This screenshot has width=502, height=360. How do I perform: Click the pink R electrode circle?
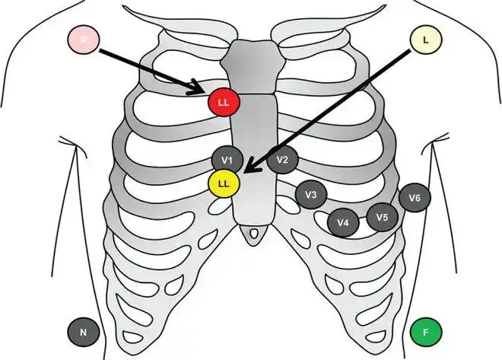pos(83,40)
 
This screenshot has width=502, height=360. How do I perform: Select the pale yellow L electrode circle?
pos(423,40)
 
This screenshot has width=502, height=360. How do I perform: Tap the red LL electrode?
pos(223,102)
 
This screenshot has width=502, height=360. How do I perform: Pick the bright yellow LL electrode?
pos(224,184)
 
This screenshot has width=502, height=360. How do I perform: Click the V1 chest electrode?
pos(227,160)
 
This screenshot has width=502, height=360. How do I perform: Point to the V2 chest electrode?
pos(282,160)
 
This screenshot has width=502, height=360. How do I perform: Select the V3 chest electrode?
pos(310,196)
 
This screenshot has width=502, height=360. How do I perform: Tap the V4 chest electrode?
pos(343,222)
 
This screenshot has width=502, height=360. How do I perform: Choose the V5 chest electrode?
pos(382,217)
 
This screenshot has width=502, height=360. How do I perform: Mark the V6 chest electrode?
pos(415,198)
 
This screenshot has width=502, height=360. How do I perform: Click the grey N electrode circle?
pos(83,332)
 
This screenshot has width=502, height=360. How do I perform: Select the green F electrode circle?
pos(425,332)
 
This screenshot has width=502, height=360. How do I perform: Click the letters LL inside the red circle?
pos(223,102)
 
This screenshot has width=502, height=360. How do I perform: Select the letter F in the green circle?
pos(425,332)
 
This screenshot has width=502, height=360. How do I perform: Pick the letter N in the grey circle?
pos(83,332)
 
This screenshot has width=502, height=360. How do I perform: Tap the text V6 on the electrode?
pos(415,198)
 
